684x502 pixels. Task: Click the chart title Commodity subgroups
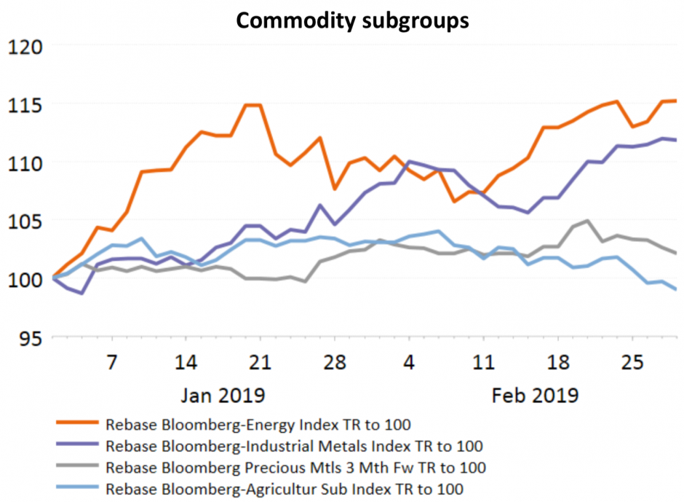pos(351,21)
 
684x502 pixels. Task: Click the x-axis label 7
pos(111,362)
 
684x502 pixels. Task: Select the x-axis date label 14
pos(186,362)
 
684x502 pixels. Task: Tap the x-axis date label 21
pos(260,362)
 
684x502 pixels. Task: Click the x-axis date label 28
pos(334,362)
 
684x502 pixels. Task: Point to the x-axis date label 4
pos(409,362)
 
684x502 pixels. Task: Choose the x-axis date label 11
pos(483,362)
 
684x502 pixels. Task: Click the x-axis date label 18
pos(557,362)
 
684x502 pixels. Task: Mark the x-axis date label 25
pos(632,362)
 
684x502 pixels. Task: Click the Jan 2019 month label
pos(222,396)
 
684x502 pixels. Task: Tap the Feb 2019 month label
pos(535,396)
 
